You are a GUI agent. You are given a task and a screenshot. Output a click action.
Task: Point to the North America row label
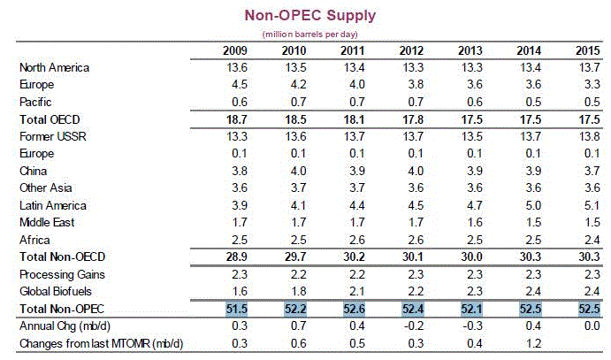(55, 67)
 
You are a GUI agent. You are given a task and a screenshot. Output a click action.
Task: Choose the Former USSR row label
(52, 136)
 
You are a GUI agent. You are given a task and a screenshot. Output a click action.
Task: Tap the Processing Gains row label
(59, 274)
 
